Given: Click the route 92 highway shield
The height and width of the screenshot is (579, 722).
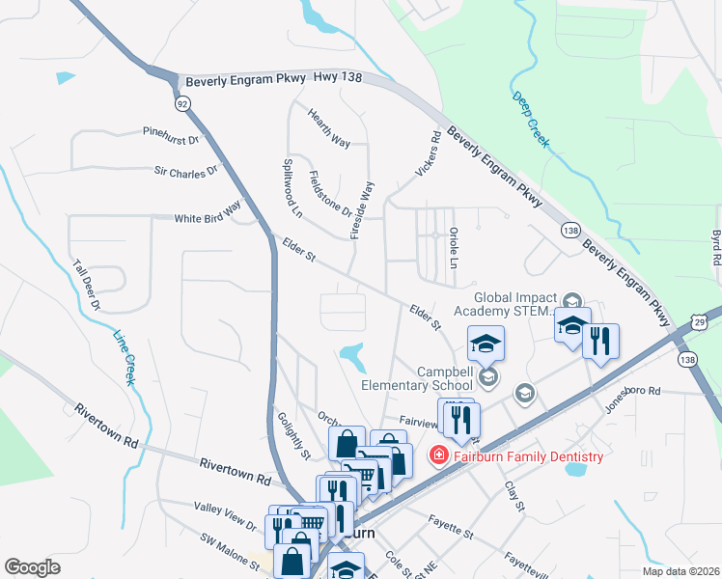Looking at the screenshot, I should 181,102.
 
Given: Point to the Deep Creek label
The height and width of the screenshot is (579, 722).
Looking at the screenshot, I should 531,121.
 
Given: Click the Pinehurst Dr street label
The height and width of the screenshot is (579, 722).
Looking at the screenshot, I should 170,135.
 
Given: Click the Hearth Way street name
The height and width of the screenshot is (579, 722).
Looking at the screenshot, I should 329,127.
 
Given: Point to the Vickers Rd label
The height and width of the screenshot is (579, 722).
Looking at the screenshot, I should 428,154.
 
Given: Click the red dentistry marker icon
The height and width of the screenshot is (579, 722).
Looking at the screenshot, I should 438,455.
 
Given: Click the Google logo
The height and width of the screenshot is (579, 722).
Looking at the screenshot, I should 33,567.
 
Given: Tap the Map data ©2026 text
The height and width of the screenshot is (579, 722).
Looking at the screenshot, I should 681,571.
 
